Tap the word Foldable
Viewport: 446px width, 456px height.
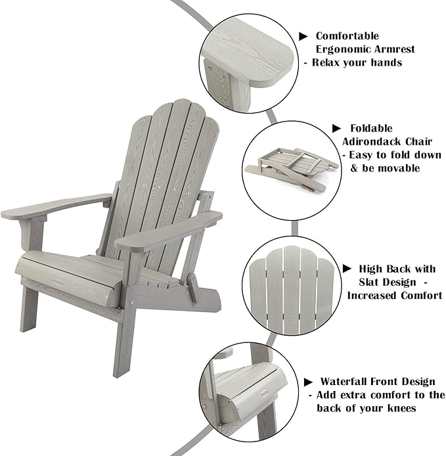[x=371, y=128]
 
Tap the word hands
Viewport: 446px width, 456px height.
[x=387, y=62]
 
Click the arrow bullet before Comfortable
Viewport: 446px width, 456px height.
[x=303, y=36]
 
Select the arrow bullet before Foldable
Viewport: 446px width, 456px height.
[x=337, y=128]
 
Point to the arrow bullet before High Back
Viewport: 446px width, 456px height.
[x=347, y=269]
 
